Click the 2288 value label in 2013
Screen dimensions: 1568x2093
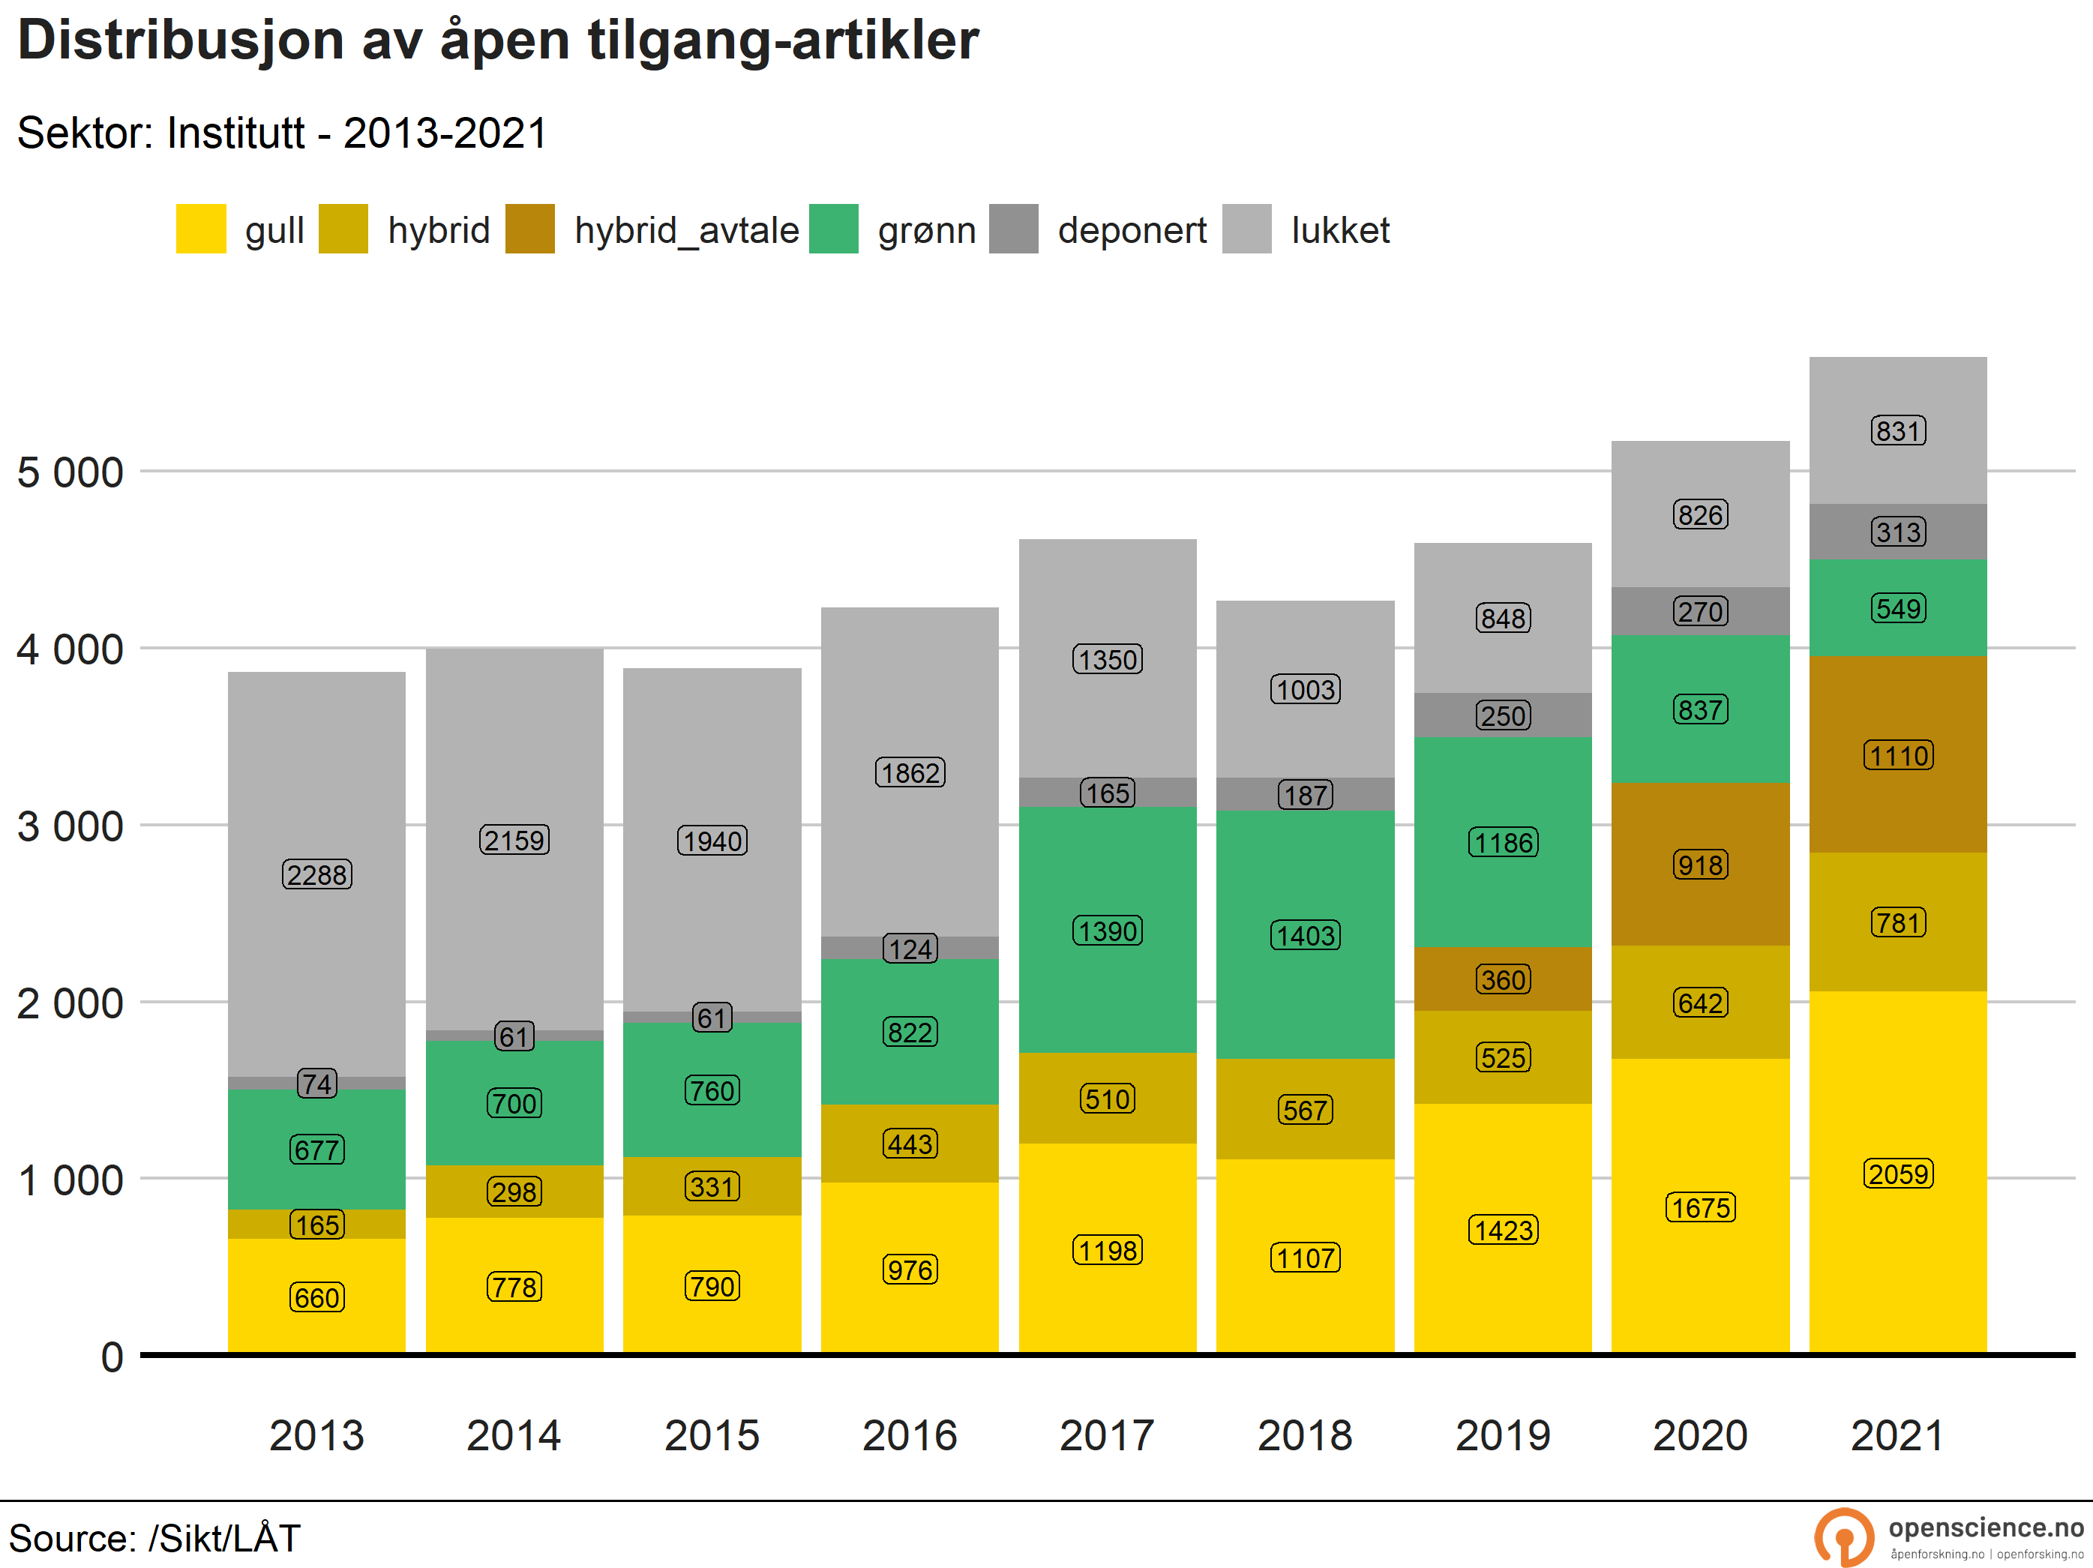tap(317, 874)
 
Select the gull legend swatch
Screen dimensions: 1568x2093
tap(200, 229)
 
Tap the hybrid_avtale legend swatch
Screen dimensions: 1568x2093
tap(530, 229)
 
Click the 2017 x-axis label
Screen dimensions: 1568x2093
tap(1107, 1435)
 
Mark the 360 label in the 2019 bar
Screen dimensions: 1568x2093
tap(1503, 979)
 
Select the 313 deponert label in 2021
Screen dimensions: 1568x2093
tap(1898, 532)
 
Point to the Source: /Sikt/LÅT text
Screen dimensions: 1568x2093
tap(154, 1538)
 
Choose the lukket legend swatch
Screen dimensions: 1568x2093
tap(1246, 229)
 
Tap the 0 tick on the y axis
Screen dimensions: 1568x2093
tap(112, 1357)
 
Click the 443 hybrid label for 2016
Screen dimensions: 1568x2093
tap(910, 1144)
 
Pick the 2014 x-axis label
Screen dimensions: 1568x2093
tap(514, 1435)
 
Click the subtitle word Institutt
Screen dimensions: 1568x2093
tap(235, 133)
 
